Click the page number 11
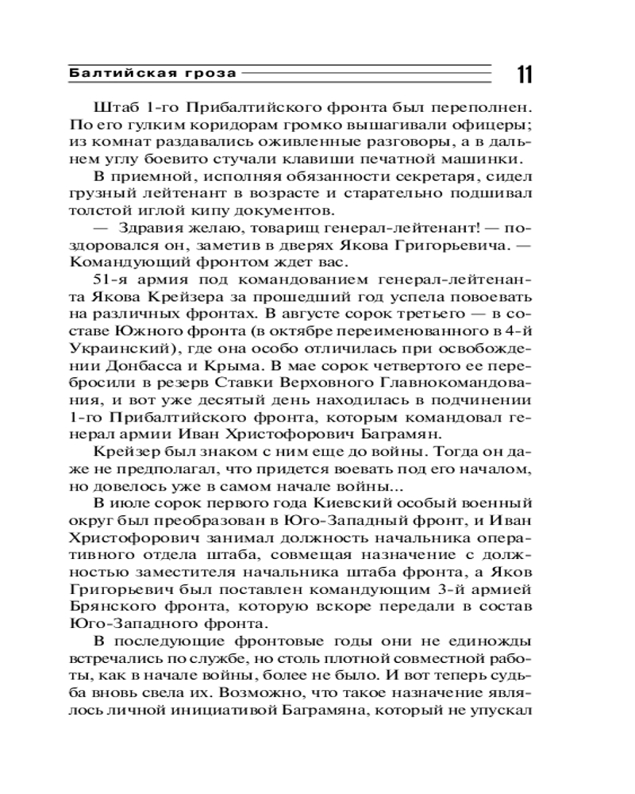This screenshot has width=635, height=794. point(524,75)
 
